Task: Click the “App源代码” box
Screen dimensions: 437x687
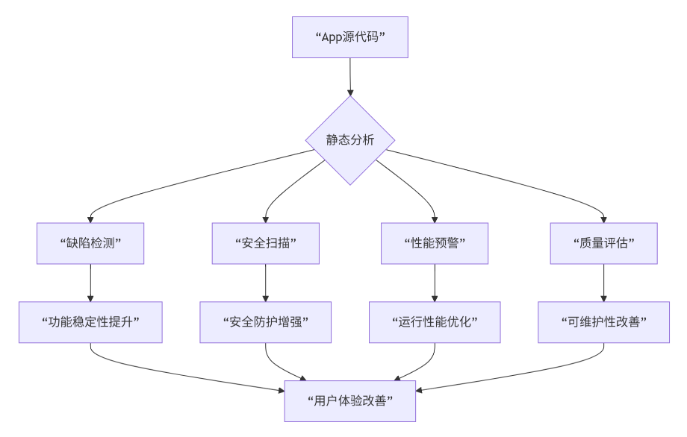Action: click(349, 37)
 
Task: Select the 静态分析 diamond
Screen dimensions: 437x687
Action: click(349, 140)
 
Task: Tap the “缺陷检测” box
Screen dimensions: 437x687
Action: click(90, 243)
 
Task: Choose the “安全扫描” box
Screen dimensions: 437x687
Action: click(266, 243)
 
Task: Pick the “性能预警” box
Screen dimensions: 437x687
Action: click(435, 243)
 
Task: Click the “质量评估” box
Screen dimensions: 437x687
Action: click(603, 243)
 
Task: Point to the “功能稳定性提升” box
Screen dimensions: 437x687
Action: click(90, 322)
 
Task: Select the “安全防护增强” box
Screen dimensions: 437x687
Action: click(266, 322)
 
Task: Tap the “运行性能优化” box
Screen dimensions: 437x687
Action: click(435, 322)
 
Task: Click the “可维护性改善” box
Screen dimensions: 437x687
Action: click(603, 322)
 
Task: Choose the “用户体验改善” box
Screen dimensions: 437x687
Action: click(349, 400)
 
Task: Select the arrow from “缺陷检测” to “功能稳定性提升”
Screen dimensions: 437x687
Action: click(90, 283)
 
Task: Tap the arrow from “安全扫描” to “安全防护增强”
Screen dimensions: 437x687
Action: click(266, 283)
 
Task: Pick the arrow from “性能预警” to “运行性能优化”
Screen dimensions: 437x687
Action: click(435, 283)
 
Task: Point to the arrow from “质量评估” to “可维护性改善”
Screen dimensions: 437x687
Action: click(603, 283)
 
